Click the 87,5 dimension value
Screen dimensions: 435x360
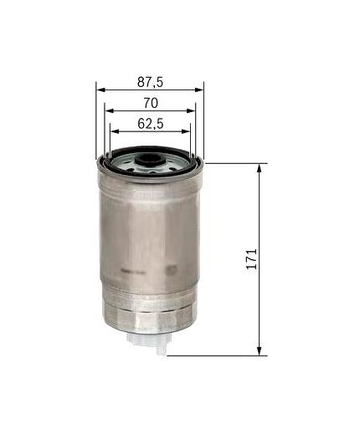coord(149,81)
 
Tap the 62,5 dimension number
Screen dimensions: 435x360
coord(150,124)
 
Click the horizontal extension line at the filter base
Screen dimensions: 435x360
coord(218,354)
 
